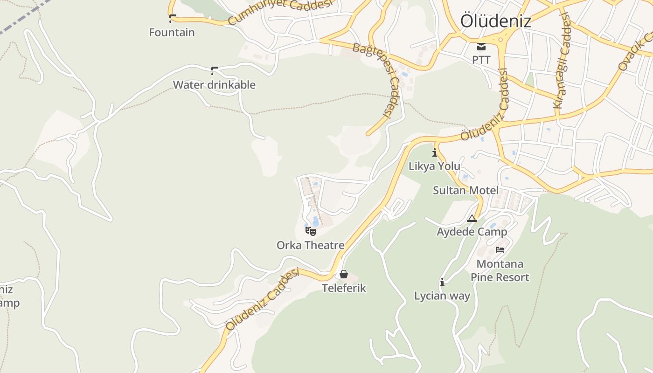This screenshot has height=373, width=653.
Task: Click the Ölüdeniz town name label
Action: (x=495, y=21)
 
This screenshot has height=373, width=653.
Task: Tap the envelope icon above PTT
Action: (x=481, y=46)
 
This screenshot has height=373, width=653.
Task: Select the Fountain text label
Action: (x=172, y=33)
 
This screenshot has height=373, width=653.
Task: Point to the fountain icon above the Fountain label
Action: (x=172, y=19)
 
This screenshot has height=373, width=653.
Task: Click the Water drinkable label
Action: (x=214, y=85)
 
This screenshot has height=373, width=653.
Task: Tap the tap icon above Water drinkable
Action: (x=214, y=70)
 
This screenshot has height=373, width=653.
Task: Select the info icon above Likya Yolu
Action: (x=435, y=152)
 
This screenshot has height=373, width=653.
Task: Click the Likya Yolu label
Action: (x=434, y=166)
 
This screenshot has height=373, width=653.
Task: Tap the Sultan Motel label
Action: (x=465, y=190)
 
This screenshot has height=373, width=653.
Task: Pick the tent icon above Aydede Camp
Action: (x=472, y=218)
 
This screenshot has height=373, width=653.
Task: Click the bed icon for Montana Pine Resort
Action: (x=500, y=249)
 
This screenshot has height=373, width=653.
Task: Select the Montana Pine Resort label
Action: (x=500, y=271)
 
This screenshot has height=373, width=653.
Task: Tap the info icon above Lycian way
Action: (x=442, y=282)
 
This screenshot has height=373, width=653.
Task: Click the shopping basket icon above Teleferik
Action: (x=344, y=274)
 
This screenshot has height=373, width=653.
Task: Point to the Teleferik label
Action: (x=344, y=288)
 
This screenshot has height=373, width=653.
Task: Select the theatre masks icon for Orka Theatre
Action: (x=311, y=231)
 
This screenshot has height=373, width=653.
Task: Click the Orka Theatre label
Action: (x=310, y=245)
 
